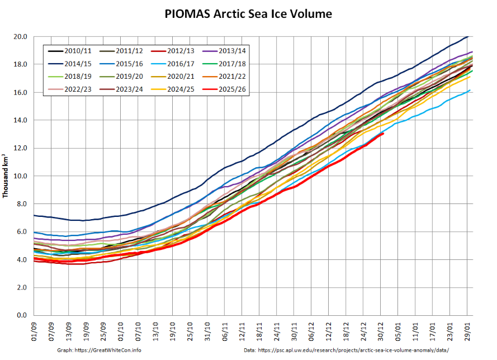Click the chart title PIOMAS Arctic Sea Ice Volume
click(x=248, y=14)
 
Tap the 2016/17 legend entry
click(x=177, y=64)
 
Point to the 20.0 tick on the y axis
click(x=21, y=36)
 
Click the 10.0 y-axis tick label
click(x=21, y=176)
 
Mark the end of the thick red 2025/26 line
click(x=383, y=134)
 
